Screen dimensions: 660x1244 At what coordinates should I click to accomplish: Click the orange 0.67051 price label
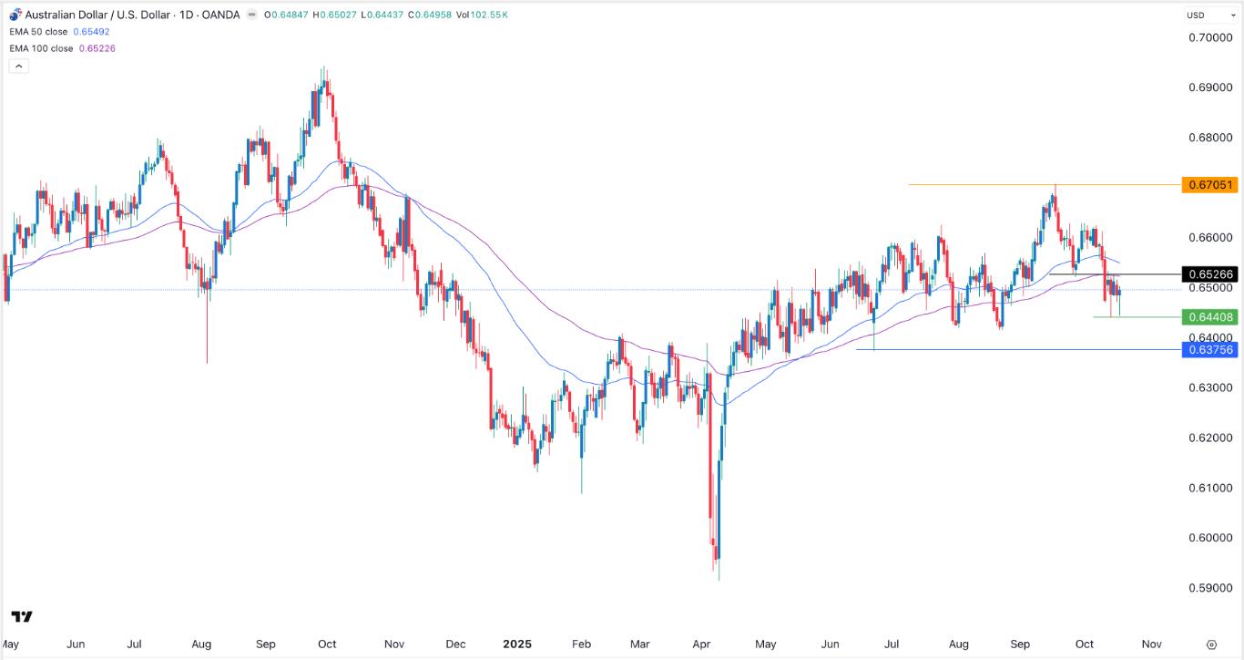[x=1208, y=185]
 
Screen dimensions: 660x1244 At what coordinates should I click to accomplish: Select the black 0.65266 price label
[x=1208, y=274]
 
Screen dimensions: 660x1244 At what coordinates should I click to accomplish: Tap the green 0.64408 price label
[x=1208, y=317]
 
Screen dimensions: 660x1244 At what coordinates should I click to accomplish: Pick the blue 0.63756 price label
[x=1208, y=350]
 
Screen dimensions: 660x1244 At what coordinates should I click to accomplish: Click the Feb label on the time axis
[x=581, y=644]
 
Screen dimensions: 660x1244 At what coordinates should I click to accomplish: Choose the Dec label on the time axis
[x=455, y=644]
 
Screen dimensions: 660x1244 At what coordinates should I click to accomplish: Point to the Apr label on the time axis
[x=701, y=644]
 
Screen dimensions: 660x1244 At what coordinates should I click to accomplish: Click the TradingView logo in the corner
[x=23, y=617]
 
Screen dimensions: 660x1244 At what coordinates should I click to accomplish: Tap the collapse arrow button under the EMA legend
[x=18, y=66]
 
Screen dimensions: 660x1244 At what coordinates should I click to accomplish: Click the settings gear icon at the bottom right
[x=1211, y=644]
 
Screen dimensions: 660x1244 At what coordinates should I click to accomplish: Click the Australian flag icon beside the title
[x=15, y=15]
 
